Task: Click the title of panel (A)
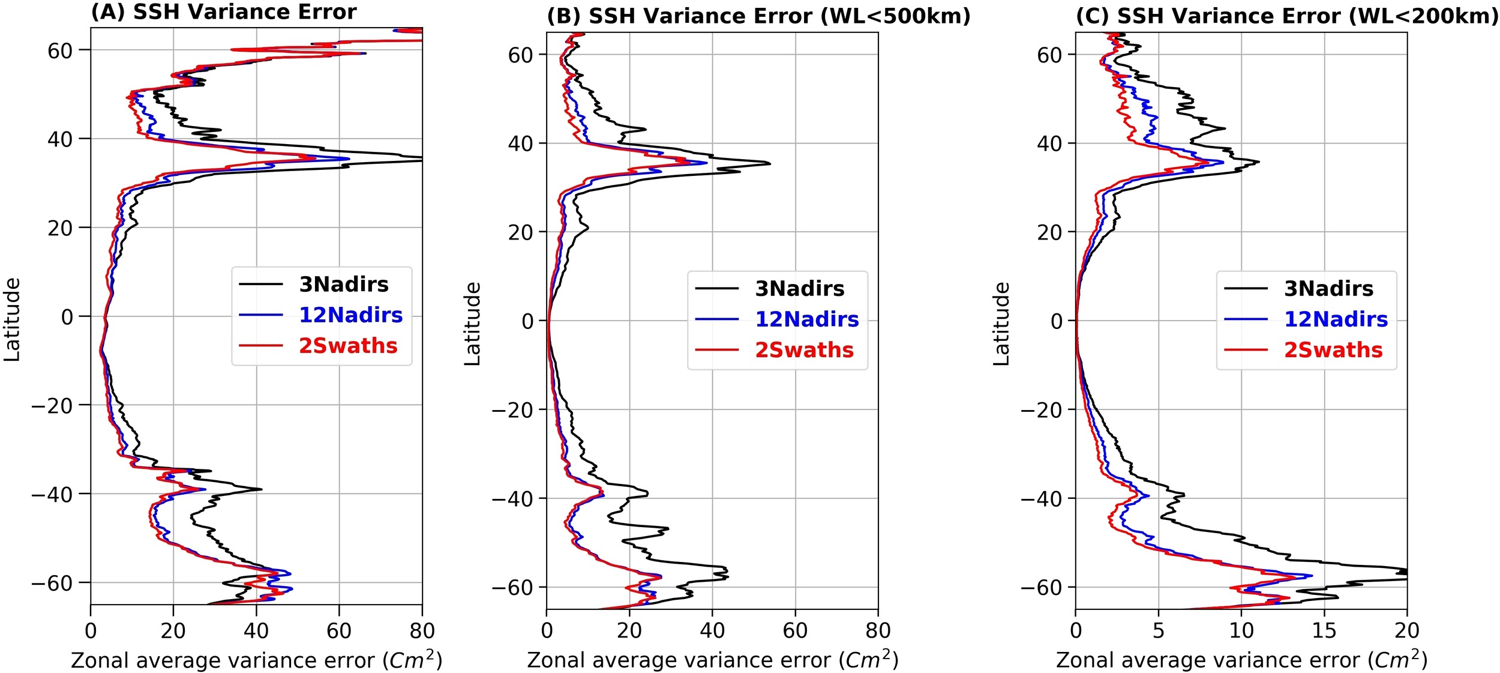(x=223, y=12)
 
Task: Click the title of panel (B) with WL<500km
(x=758, y=16)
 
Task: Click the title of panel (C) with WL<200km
(x=1287, y=16)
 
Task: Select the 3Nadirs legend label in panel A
(x=344, y=285)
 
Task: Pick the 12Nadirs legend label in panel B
(x=806, y=319)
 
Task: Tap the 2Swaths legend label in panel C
(x=1333, y=350)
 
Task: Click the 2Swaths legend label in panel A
(x=348, y=346)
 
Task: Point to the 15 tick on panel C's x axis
(x=1324, y=630)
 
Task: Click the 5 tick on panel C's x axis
(x=1158, y=630)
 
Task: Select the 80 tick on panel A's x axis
(x=422, y=631)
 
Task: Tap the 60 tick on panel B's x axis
(x=795, y=630)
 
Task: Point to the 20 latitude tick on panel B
(x=520, y=233)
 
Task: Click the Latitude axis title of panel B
(x=473, y=324)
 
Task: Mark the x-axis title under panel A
(x=256, y=660)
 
